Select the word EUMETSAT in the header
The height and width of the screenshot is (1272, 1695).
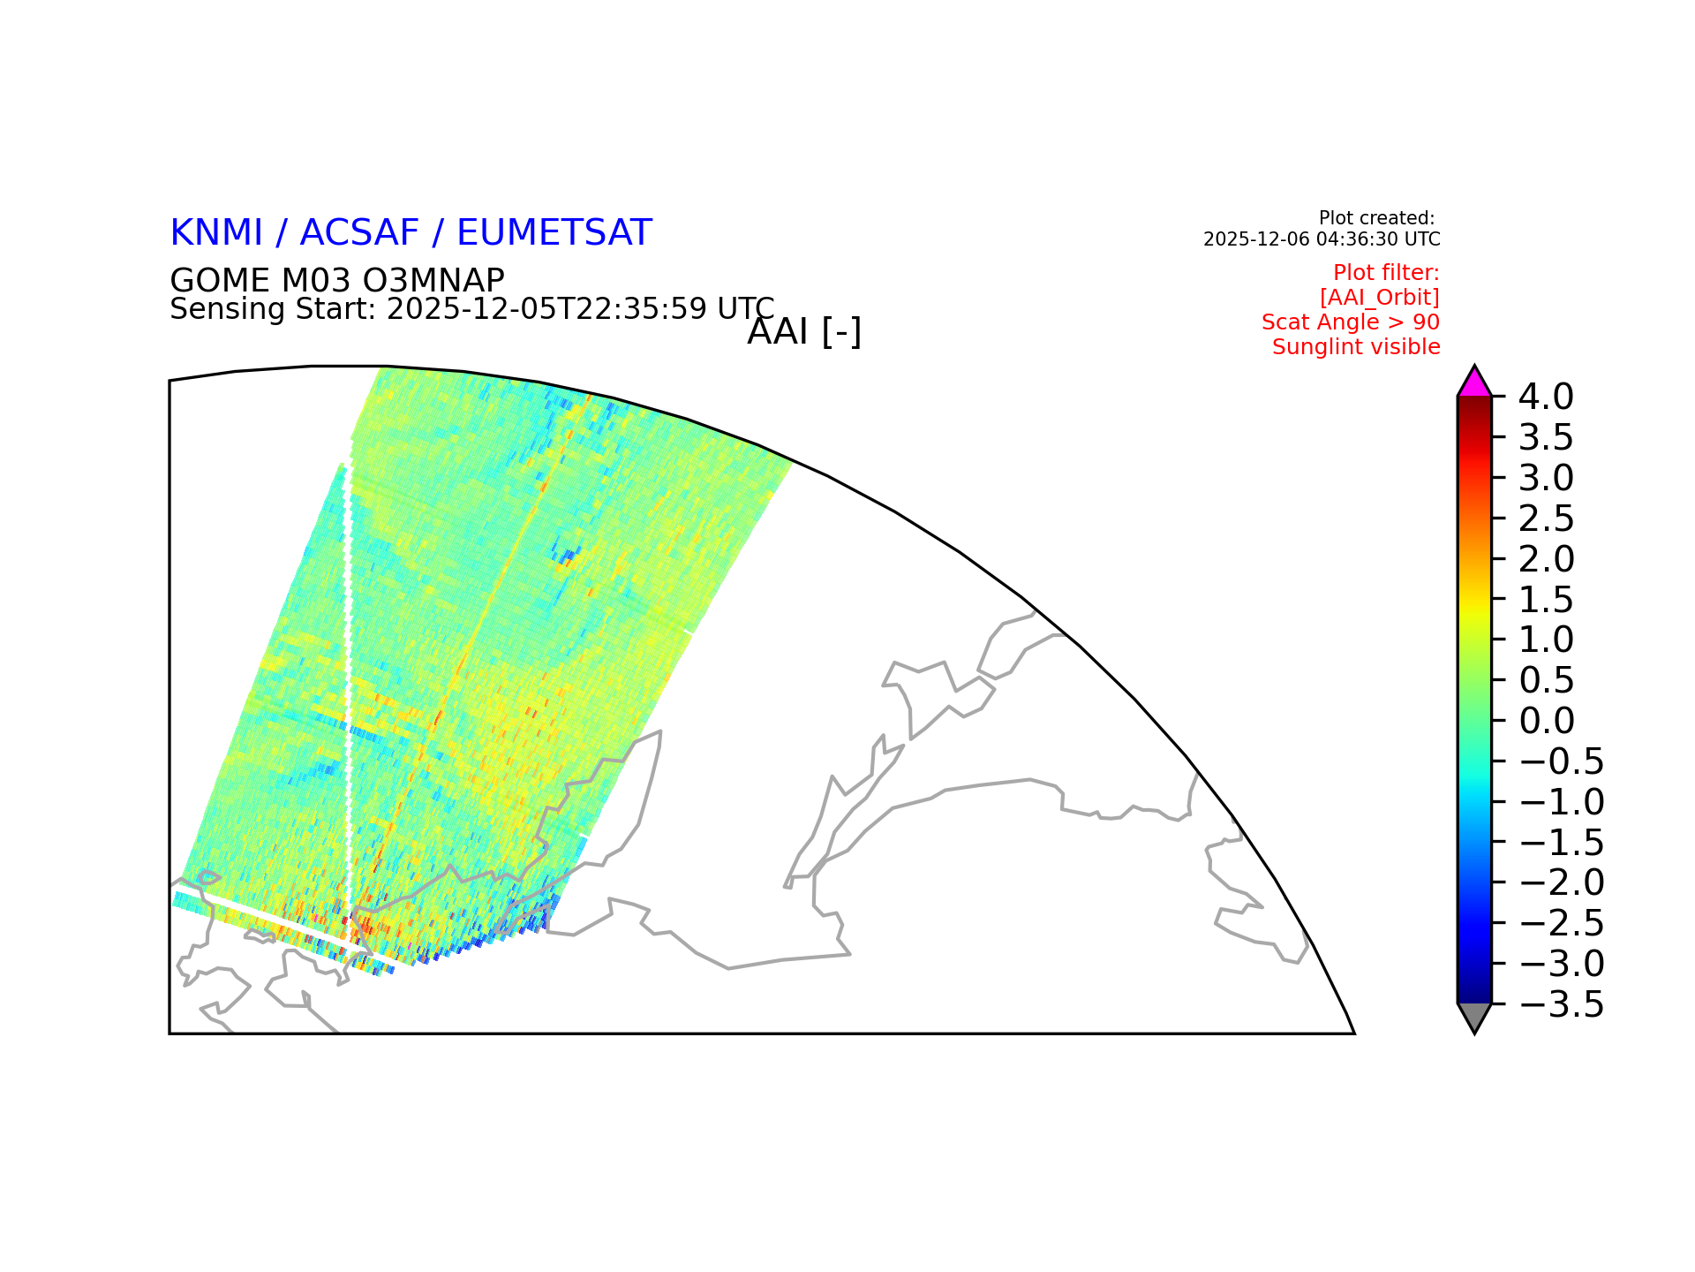(554, 232)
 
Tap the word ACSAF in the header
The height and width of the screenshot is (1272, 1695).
(359, 232)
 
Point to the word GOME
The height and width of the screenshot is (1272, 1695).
(220, 281)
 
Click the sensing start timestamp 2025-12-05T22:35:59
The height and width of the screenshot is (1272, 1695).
(547, 309)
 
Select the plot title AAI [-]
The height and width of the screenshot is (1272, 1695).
(803, 332)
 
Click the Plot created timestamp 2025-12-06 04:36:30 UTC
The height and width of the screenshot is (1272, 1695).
(1322, 239)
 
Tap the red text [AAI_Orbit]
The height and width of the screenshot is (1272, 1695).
(1380, 298)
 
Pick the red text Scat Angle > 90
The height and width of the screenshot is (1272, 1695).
(1351, 322)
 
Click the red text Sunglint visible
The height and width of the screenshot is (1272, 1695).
(1356, 347)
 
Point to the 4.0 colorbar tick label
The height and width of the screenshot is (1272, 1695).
(1546, 397)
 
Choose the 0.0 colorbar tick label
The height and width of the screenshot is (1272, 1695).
(1546, 721)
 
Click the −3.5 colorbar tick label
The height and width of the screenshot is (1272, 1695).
(1561, 1004)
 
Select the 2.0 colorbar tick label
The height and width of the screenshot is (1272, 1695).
(1546, 559)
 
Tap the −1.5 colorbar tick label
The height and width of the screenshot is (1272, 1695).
(1561, 843)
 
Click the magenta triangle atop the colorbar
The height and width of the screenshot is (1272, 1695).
(1474, 384)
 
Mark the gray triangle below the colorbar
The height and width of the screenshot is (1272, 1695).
(1474, 1015)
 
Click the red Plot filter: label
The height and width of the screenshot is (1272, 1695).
(1386, 273)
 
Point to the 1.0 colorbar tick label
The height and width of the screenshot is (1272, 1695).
(1546, 640)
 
